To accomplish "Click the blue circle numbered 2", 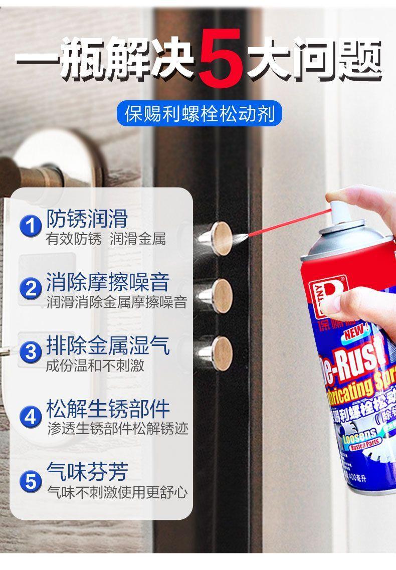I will click(x=31, y=289).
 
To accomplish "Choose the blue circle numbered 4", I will click(x=31, y=416).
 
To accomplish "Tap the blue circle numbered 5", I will click(x=31, y=482).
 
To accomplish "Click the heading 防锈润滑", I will click(x=87, y=219).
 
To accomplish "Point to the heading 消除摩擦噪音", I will click(x=108, y=282).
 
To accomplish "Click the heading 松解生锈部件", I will click(x=108, y=409).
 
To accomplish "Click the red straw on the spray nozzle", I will click(x=291, y=223).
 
